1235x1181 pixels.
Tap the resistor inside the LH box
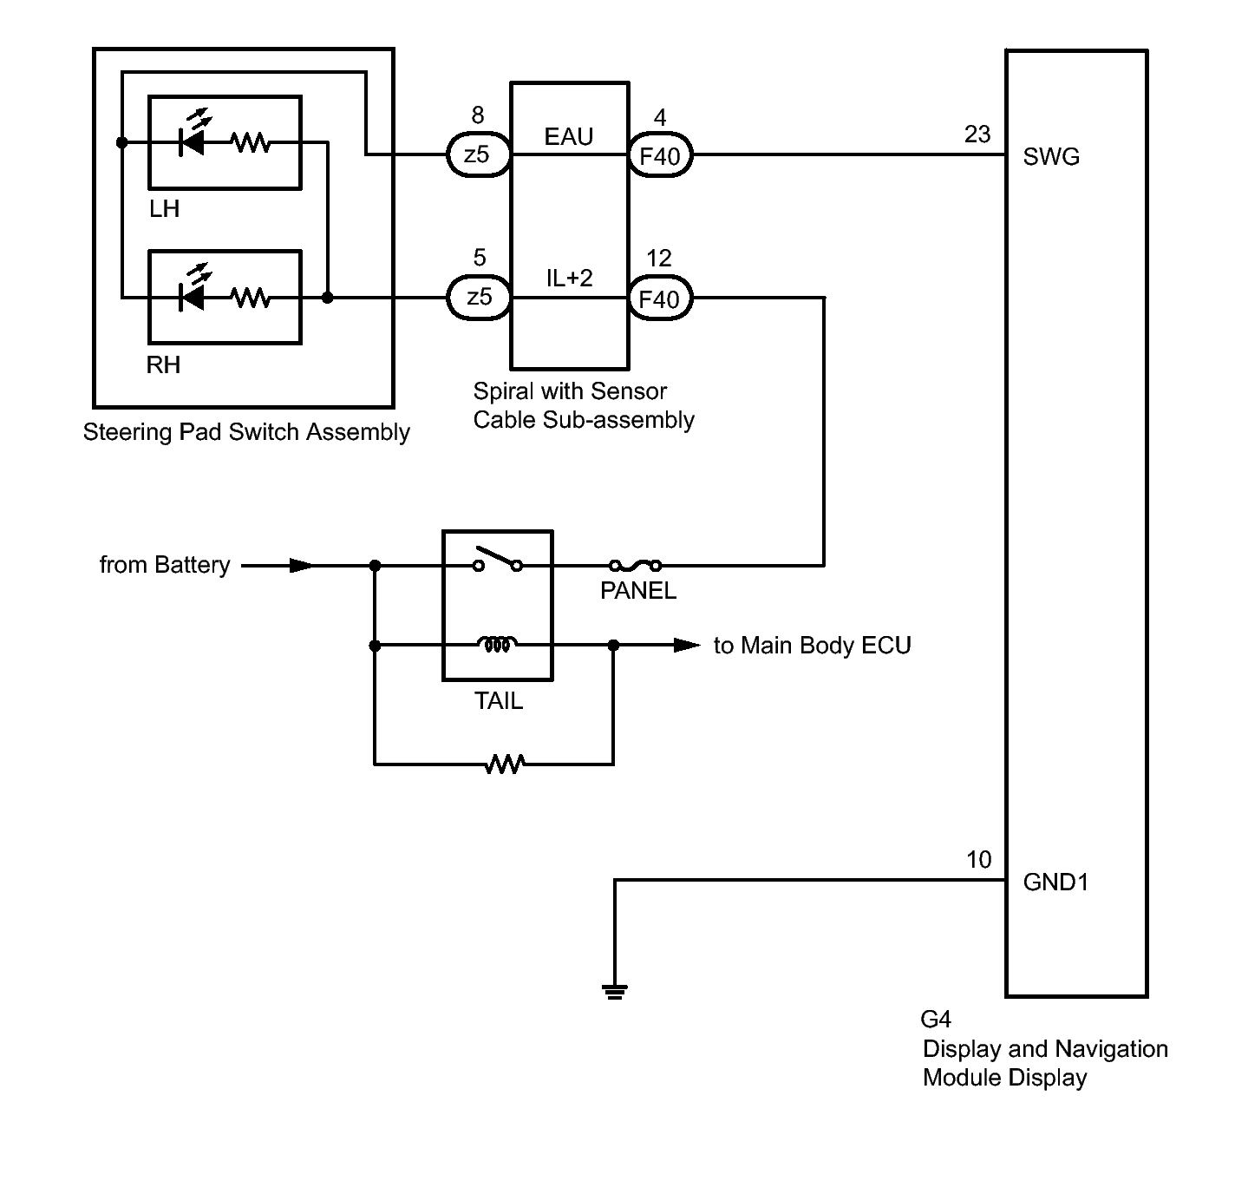coord(251,143)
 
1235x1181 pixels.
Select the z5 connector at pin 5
coord(479,297)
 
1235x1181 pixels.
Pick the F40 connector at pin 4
coord(660,155)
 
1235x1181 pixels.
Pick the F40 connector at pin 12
coord(660,298)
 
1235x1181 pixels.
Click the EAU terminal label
coord(569,136)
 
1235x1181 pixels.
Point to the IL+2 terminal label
coord(569,278)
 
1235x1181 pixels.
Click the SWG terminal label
coord(1051,157)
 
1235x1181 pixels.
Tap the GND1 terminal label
coord(1055,882)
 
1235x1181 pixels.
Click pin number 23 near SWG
coord(977,134)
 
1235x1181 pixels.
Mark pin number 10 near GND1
coord(978,860)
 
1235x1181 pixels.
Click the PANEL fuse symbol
coord(635,565)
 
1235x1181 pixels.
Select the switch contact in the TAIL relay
coord(498,560)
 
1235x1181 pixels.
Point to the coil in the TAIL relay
coord(497,644)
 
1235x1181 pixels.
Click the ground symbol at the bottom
coord(614,992)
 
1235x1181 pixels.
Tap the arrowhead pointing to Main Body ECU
coord(687,645)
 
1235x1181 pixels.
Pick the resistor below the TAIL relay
coord(505,764)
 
